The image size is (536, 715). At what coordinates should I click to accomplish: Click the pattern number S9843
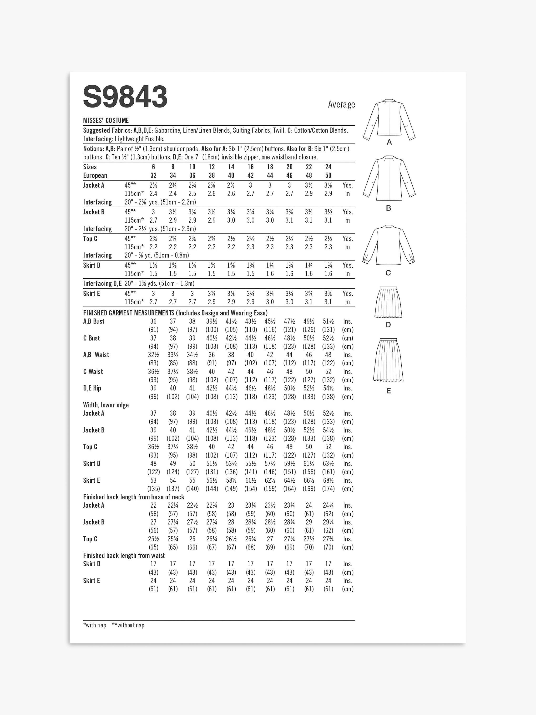point(125,97)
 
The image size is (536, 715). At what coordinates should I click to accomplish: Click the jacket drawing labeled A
point(389,120)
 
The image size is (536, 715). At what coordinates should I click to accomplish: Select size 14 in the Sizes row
point(231,167)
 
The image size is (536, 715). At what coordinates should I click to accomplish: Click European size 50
point(328,175)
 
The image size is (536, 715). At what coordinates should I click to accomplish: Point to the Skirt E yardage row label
point(91,293)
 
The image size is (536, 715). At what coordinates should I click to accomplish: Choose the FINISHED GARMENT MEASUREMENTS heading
point(129,313)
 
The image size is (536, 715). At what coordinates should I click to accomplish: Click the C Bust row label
point(91,338)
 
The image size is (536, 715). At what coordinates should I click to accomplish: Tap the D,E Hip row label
point(92,388)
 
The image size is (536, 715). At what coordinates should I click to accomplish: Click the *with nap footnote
point(95,625)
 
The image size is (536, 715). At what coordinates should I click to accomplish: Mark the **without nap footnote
point(128,625)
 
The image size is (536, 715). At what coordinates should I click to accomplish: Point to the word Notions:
point(93,149)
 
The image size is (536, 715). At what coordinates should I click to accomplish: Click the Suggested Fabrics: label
point(108,131)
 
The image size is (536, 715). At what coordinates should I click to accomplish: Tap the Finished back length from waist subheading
point(124,556)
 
